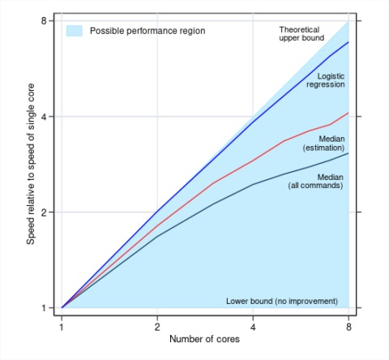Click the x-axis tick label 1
(x=62, y=328)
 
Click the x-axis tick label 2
(x=157, y=328)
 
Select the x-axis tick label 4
(x=253, y=328)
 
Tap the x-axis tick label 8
(x=348, y=328)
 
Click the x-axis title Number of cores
(x=205, y=339)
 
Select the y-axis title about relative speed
(x=31, y=164)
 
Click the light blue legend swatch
(x=75, y=31)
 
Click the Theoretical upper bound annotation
(x=299, y=33)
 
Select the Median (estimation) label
(x=323, y=144)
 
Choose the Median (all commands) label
(x=316, y=181)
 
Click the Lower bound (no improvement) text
(x=281, y=301)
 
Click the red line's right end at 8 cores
(x=348, y=113)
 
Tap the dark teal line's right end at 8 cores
(x=348, y=153)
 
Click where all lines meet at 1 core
(x=62, y=308)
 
